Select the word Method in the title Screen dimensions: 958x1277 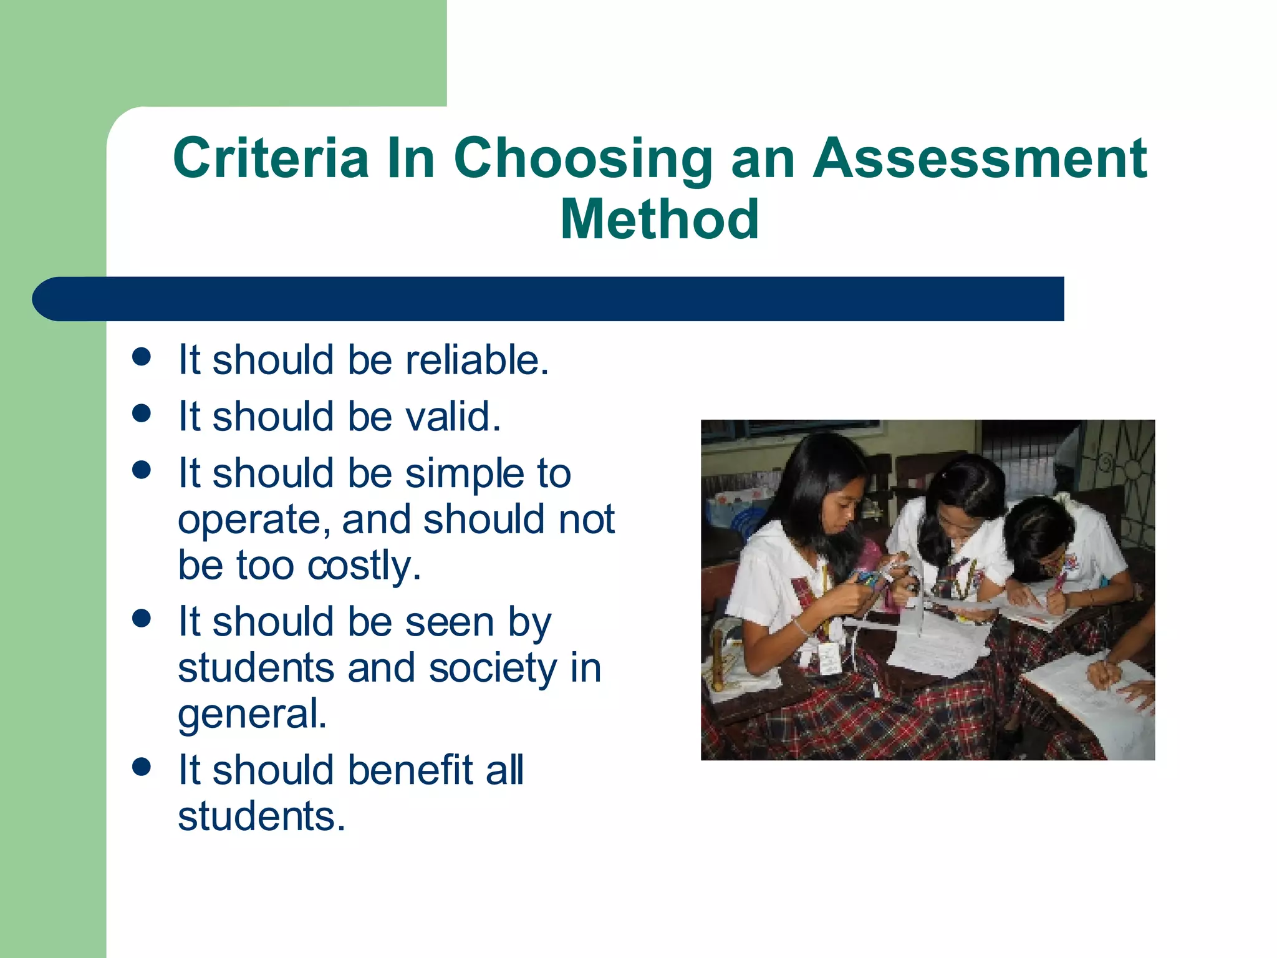click(660, 219)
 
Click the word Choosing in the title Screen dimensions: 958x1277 click(582, 160)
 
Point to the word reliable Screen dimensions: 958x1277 click(476, 360)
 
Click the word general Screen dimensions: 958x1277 click(252, 715)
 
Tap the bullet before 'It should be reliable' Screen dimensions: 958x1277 click(142, 357)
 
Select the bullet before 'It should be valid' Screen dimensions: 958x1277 click(142, 413)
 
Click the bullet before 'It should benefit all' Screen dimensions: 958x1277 click(142, 767)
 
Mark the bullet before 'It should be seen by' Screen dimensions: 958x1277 click(142, 618)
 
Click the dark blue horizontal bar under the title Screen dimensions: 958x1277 click(549, 299)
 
